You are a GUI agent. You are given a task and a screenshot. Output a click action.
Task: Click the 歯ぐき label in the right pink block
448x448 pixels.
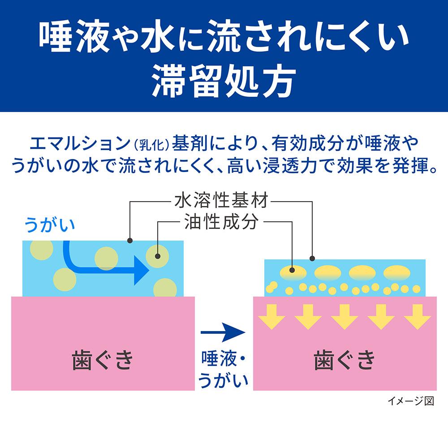[x=344, y=361]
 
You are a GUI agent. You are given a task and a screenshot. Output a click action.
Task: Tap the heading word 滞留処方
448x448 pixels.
[x=224, y=82]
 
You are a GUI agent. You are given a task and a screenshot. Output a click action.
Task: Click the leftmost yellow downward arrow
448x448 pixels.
[x=272, y=316]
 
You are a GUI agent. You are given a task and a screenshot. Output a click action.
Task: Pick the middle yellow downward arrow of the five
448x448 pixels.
[x=345, y=316]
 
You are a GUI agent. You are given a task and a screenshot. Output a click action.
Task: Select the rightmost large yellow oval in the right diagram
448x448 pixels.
[x=397, y=271]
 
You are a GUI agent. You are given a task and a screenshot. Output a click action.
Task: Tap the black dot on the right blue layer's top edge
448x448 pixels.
[x=312, y=258]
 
